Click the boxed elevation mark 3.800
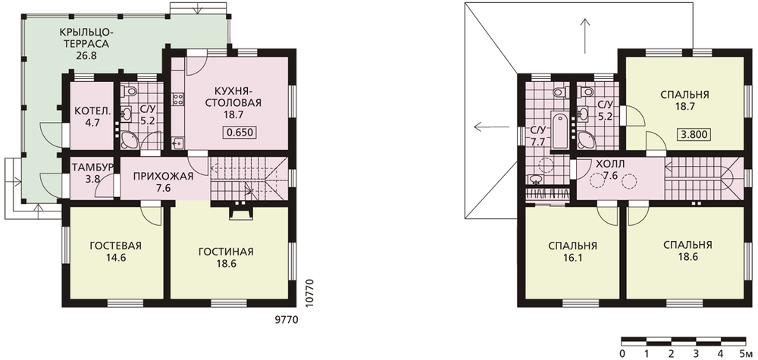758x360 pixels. (x=695, y=135)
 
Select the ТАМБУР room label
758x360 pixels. (x=92, y=167)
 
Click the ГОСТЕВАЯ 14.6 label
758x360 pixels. (x=115, y=252)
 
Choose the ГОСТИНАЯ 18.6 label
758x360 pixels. (x=226, y=257)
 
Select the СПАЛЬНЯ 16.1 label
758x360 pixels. (x=572, y=252)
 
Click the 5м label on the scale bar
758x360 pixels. (x=744, y=352)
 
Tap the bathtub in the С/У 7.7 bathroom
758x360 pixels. (x=560, y=130)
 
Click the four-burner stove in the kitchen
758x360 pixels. (x=177, y=99)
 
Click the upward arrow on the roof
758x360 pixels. (x=585, y=36)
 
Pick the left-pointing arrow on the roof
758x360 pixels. (x=492, y=127)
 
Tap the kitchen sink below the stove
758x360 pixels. (x=178, y=143)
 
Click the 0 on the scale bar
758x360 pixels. (x=622, y=352)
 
